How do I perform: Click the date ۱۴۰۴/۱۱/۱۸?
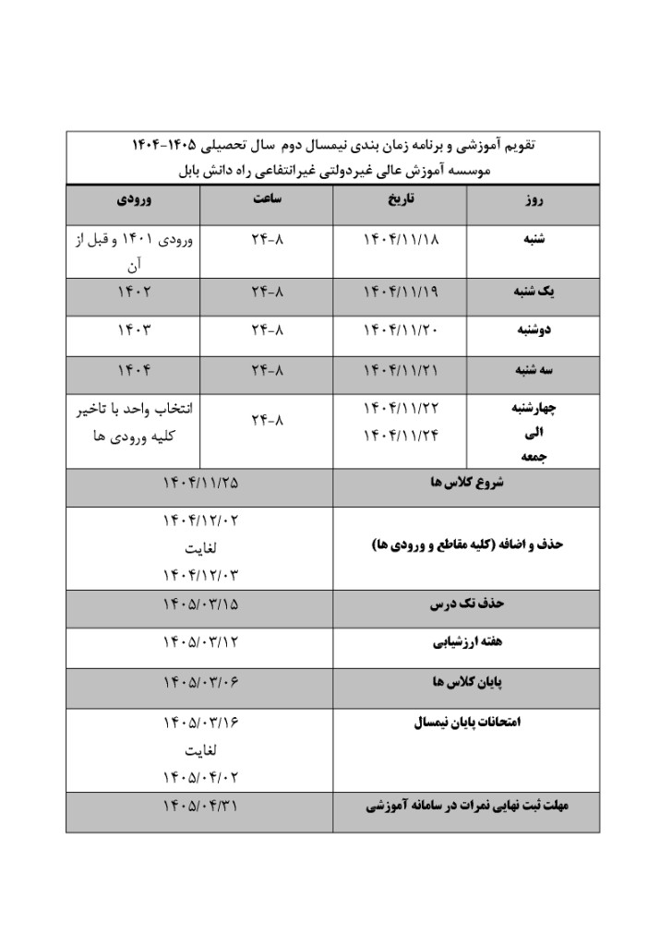point(400,241)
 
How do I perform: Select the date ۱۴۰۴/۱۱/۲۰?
point(400,333)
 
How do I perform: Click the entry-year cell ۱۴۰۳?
point(135,333)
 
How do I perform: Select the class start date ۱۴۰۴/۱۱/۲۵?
point(200,484)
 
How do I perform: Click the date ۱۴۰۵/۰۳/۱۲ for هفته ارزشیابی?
point(200,642)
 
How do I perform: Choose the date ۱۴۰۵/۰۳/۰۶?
point(200,684)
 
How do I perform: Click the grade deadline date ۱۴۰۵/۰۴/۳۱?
point(200,806)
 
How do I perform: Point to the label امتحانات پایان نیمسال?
point(466,724)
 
